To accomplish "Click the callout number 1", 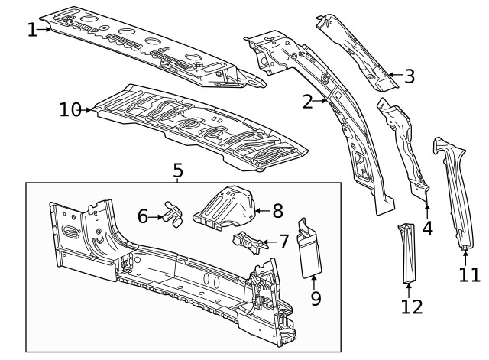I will pos(31,30).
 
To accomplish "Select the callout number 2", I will pos(309,101).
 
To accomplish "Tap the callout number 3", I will pos(410,76).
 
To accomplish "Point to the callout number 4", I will pos(427,227).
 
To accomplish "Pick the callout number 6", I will pos(143,216).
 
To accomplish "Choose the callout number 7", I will pos(283,242).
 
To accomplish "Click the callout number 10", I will pos(70,110).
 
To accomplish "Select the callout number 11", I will pos(470,274).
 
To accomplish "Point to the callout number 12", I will pos(410,306).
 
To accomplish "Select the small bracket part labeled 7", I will pos(248,241).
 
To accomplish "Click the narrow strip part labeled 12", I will pos(406,252).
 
